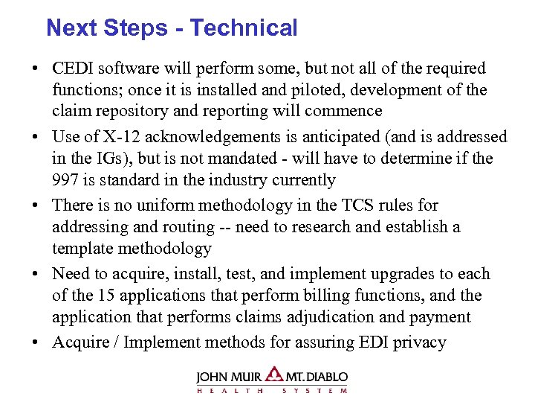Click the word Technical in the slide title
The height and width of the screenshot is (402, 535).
click(x=244, y=28)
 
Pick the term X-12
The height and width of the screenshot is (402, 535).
click(x=110, y=137)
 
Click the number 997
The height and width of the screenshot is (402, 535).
click(x=67, y=180)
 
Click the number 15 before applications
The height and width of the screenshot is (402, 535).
click(x=106, y=296)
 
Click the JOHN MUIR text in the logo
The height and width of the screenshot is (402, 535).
click(x=230, y=377)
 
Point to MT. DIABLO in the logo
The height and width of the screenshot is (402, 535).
click(x=317, y=377)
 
